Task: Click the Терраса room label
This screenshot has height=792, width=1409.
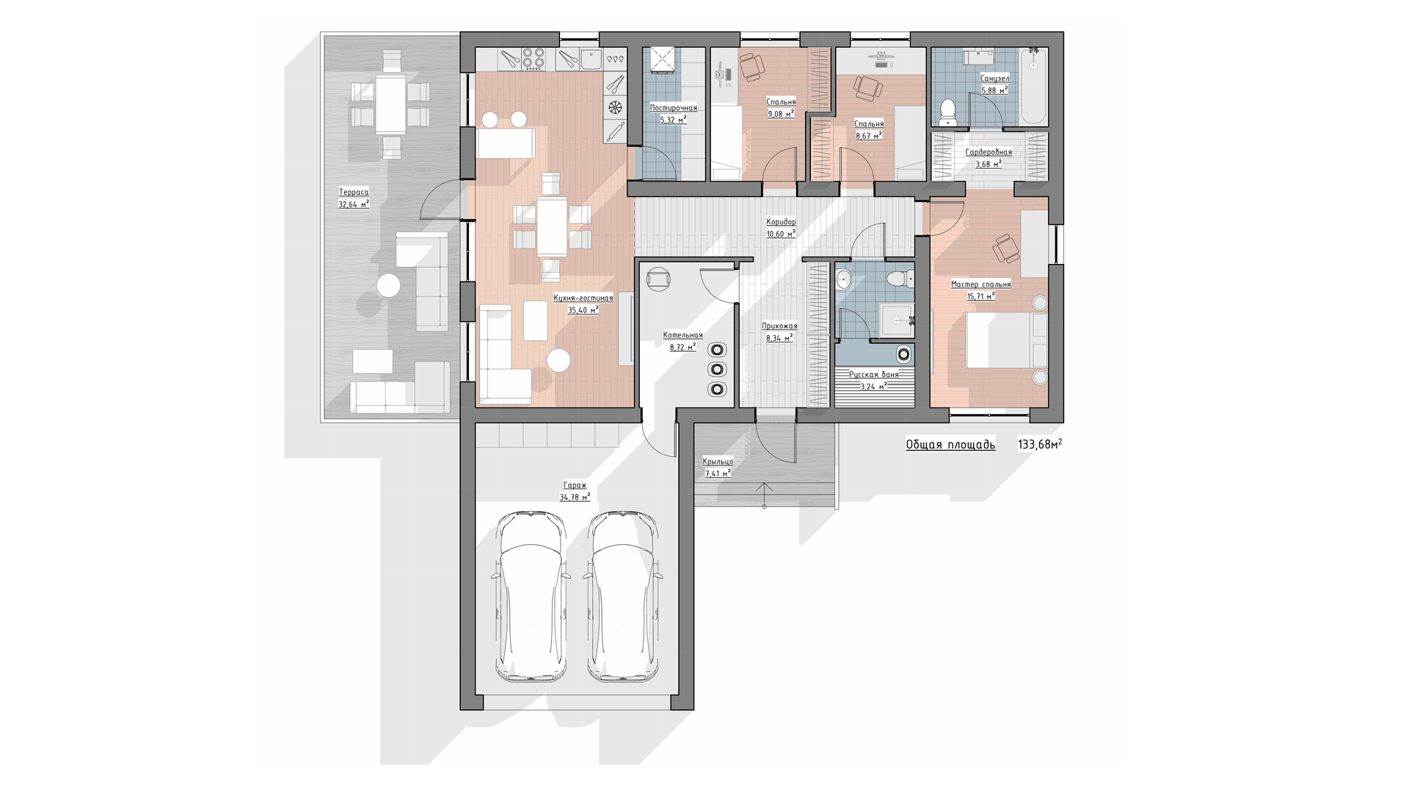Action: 354,192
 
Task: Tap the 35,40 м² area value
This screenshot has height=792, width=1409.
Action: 583,309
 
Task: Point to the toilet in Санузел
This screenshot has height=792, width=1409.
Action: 949,110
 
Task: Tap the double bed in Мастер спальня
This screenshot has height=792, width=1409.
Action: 1006,340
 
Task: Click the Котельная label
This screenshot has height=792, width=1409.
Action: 682,335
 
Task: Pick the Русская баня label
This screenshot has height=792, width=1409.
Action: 873,375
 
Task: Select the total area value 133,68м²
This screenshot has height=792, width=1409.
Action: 1040,444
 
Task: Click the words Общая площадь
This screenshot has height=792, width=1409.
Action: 950,444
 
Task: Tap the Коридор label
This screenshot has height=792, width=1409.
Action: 781,221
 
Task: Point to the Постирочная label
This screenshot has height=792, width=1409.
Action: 673,108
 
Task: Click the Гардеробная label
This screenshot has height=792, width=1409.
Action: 988,153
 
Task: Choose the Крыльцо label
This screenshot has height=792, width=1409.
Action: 718,461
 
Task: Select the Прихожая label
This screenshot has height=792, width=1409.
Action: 779,326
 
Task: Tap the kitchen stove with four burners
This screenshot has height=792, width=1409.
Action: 534,59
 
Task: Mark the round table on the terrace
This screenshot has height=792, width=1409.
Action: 388,285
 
